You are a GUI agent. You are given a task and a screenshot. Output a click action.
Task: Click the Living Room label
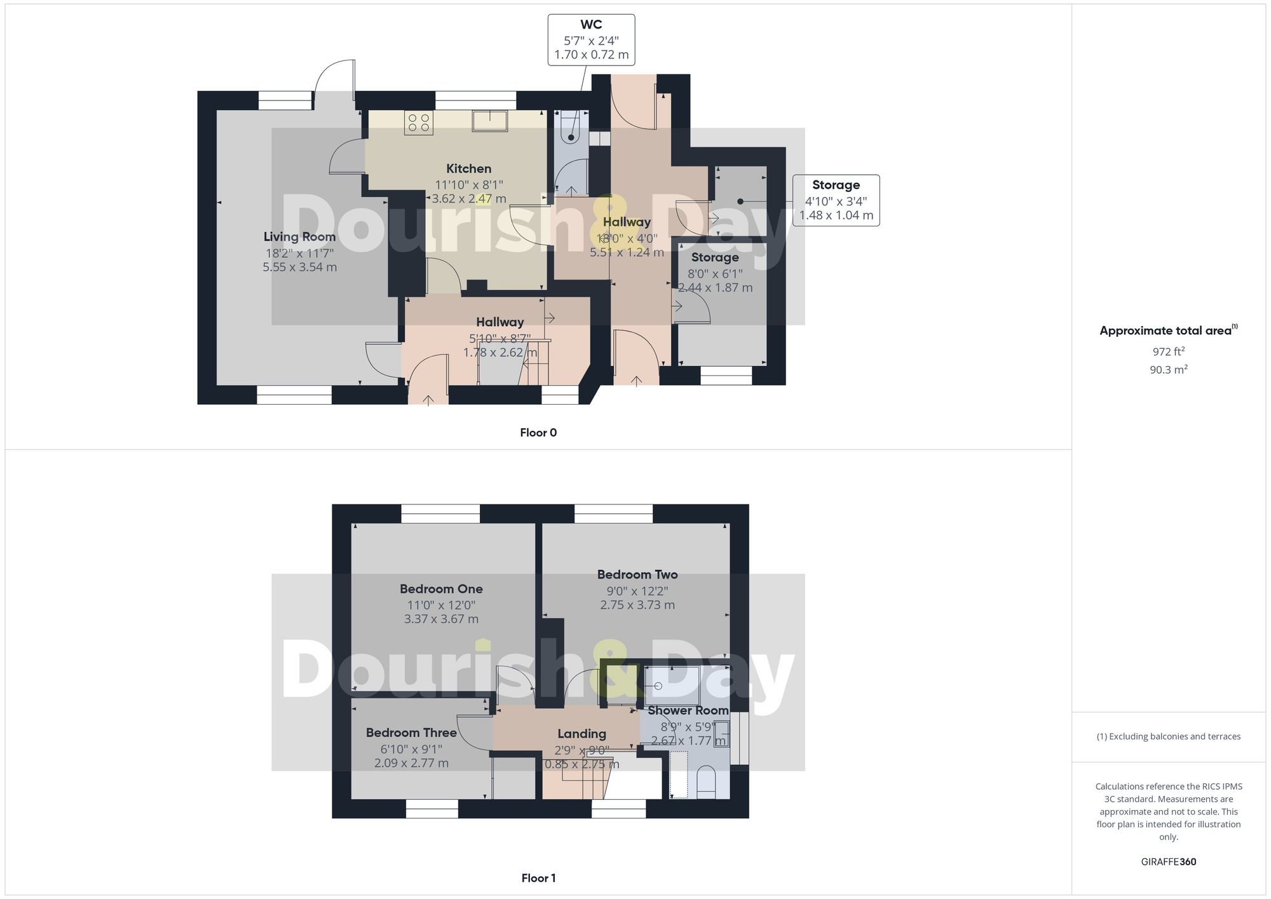click(x=299, y=237)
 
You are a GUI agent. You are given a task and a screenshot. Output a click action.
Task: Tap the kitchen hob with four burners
click(x=419, y=123)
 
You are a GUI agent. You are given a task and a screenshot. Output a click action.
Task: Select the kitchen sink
click(x=489, y=120)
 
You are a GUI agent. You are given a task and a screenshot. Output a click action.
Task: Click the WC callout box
click(x=591, y=39)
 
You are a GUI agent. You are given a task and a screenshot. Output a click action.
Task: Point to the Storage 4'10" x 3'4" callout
click(x=836, y=200)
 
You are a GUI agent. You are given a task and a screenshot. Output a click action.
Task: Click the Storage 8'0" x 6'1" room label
click(x=715, y=258)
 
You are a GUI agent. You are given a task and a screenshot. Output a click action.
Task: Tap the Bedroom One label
click(x=441, y=589)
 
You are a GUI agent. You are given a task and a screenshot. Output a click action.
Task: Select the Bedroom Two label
click(x=637, y=575)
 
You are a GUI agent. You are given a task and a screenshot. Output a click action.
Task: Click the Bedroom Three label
click(x=411, y=733)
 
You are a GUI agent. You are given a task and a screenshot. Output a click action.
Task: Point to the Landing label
click(x=581, y=734)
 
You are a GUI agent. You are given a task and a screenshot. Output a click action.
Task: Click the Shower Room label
click(x=688, y=710)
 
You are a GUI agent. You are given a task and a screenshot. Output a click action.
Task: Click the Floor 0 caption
click(x=538, y=433)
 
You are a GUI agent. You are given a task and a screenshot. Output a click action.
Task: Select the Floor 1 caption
click(x=538, y=878)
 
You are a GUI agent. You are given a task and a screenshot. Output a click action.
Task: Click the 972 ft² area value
click(x=1168, y=352)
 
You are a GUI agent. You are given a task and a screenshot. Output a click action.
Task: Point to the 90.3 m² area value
click(x=1168, y=370)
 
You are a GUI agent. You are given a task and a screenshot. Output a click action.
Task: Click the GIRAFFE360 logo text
click(x=1168, y=862)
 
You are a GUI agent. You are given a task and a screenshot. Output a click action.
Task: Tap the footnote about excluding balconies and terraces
click(x=1168, y=736)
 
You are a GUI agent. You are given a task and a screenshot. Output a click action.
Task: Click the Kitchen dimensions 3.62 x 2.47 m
click(x=469, y=199)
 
